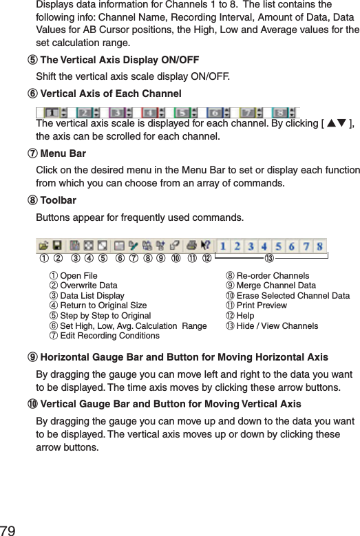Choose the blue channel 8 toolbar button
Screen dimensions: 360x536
pyautogui.click(x=319, y=246)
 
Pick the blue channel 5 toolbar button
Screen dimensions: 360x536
pyautogui.click(x=277, y=246)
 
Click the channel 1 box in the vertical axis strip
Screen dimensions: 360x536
pyautogui.click(x=52, y=111)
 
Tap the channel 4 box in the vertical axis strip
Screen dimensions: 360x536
pyautogui.click(x=148, y=111)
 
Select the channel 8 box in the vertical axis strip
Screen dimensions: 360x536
pyautogui.click(x=279, y=111)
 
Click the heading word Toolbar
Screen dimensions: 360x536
pyautogui.click(x=59, y=201)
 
